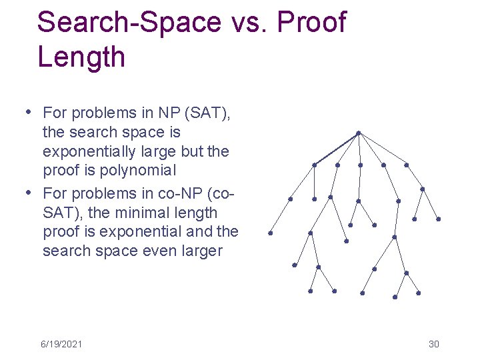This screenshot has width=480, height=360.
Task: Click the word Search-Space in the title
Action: [x=129, y=22]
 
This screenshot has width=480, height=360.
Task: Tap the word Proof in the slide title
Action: [x=311, y=22]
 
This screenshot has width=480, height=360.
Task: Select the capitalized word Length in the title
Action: [x=81, y=57]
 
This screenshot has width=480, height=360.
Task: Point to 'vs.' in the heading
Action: [x=249, y=22]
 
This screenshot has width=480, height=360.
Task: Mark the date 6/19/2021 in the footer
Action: [x=61, y=344]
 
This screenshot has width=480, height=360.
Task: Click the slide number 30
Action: [x=433, y=344]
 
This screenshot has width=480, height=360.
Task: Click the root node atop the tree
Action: [x=358, y=133]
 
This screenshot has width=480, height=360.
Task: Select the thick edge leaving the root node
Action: [x=336, y=149]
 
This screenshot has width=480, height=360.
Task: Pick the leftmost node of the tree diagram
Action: [x=270, y=233]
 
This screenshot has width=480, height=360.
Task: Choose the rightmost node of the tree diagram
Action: [x=438, y=219]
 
